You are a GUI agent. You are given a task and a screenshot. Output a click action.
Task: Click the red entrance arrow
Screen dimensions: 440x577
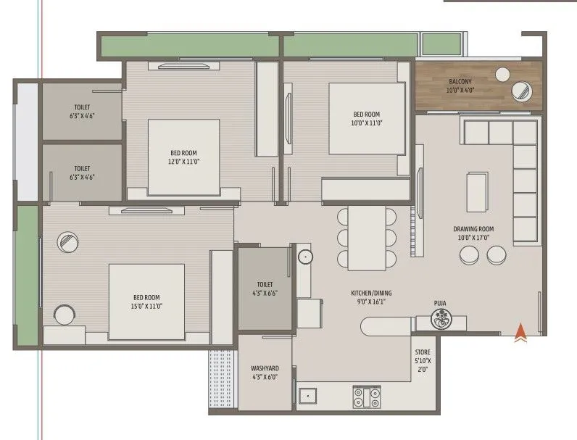[520, 333]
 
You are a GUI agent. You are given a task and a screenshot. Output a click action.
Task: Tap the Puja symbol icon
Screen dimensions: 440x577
[440, 317]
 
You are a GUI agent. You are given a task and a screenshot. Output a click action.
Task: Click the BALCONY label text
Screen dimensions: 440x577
[460, 82]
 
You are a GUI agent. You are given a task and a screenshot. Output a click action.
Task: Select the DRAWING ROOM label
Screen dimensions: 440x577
[471, 229]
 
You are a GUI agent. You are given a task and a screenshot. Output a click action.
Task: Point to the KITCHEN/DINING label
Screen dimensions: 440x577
[370, 294]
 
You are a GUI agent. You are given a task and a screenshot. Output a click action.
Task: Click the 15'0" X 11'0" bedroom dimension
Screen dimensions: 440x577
[146, 307]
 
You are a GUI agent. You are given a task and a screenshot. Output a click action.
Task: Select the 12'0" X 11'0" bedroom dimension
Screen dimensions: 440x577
[184, 162]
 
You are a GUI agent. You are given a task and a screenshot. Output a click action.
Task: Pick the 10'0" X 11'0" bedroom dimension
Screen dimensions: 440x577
[366, 123]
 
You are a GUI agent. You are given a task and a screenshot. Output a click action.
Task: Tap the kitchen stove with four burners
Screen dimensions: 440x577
[367, 397]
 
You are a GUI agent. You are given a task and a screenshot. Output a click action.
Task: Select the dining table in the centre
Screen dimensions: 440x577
[367, 238]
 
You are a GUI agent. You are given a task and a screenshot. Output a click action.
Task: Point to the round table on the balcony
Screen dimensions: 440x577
[521, 91]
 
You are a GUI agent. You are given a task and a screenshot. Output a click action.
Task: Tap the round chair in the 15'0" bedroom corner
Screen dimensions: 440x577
[65, 315]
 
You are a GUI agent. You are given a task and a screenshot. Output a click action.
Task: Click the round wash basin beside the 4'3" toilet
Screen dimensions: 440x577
[304, 256]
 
